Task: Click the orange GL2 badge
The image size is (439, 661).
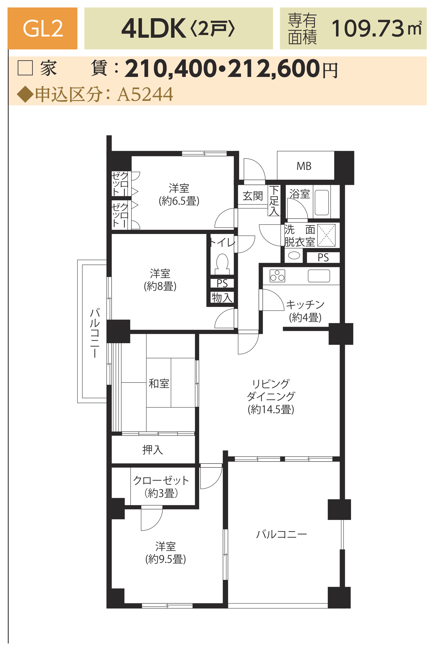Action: (x=42, y=28)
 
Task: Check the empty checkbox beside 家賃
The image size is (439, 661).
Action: (x=25, y=68)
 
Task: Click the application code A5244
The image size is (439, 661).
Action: (x=145, y=94)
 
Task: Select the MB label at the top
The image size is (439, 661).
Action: (x=304, y=166)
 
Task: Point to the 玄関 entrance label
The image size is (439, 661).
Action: (x=253, y=196)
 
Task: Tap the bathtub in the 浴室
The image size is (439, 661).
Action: (x=322, y=202)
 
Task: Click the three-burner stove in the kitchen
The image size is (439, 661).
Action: (x=277, y=276)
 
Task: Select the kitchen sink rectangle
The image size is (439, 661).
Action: (x=319, y=276)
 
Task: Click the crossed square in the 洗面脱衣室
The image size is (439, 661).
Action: (x=326, y=235)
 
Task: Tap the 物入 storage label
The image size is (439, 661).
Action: (x=222, y=297)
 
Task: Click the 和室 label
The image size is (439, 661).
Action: (x=159, y=383)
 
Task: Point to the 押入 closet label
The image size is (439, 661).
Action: (x=153, y=450)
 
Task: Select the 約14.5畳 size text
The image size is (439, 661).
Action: (x=271, y=409)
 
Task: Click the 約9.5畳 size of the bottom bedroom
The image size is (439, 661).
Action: (x=165, y=559)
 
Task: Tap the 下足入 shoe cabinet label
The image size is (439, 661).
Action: (x=274, y=200)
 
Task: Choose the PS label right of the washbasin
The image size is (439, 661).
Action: (x=323, y=258)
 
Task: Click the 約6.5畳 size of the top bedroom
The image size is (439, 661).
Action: (x=179, y=201)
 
